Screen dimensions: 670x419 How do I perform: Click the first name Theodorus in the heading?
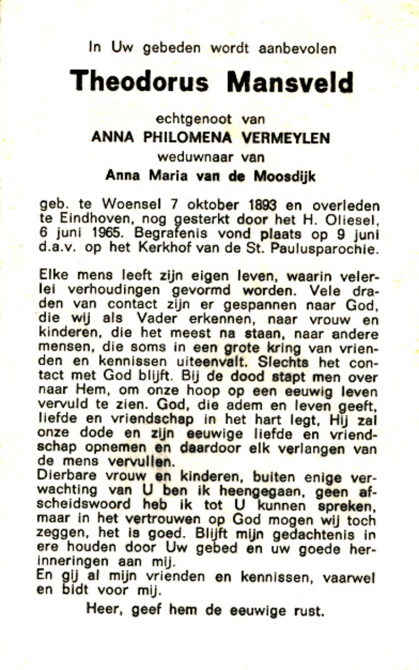pos(139,82)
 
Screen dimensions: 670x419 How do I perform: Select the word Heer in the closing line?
pos(105,610)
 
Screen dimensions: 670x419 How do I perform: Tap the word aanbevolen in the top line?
pos(298,49)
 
